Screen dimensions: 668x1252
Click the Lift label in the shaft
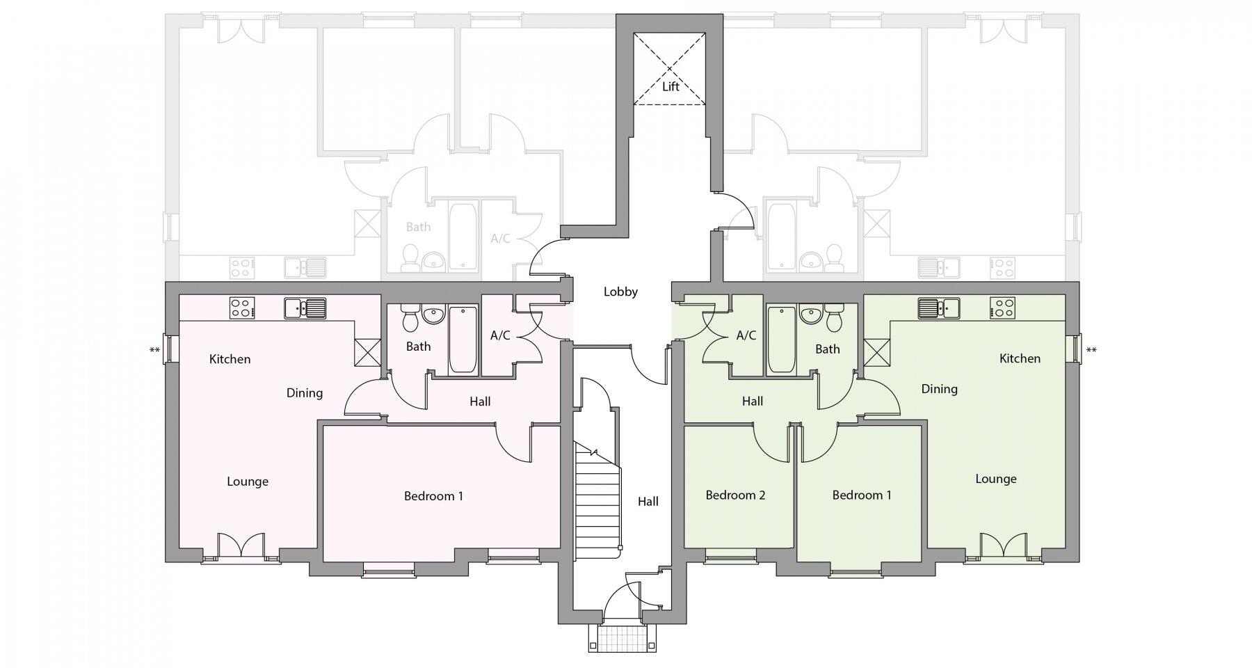coord(670,87)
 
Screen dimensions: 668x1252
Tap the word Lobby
coord(620,292)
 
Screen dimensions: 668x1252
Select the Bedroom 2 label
coord(735,495)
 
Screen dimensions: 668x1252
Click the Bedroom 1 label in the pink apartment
coord(433,496)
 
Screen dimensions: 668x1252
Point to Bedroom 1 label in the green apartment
coord(861,495)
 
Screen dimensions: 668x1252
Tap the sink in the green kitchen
coord(938,307)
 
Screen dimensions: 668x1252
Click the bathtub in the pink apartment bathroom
coord(463,340)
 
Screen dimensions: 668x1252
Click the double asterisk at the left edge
coord(154,351)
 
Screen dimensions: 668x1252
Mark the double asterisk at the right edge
coord(1091,351)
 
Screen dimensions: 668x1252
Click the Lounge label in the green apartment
coord(995,479)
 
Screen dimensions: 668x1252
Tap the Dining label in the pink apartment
coord(304,393)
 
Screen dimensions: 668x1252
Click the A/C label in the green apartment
coord(746,335)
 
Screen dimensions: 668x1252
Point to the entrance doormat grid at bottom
coord(623,637)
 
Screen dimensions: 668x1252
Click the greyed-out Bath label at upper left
coord(418,227)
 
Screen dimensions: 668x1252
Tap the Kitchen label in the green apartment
coord(1020,358)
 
